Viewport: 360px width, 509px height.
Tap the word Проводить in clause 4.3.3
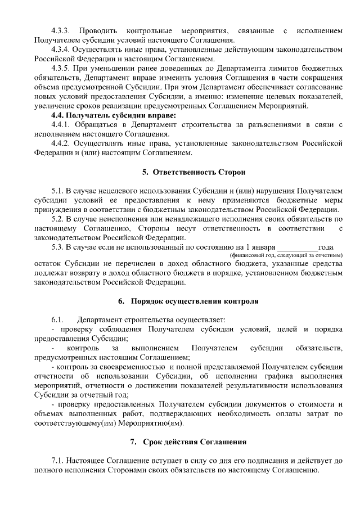click(x=97, y=29)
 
